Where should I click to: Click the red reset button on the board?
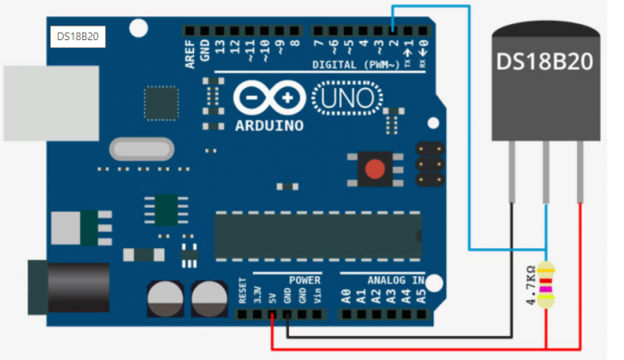click(375, 169)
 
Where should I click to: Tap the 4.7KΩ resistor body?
click(545, 285)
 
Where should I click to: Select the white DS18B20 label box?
click(78, 37)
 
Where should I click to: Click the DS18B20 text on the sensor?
click(545, 62)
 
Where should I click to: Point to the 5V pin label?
click(272, 298)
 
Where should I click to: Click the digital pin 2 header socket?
click(393, 30)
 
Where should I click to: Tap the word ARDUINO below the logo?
click(269, 126)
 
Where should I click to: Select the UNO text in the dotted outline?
click(347, 98)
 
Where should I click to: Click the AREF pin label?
click(190, 54)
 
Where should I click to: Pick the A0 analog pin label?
click(346, 296)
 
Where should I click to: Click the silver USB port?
click(51, 103)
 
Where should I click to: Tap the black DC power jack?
click(68, 287)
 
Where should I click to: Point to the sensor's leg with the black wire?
click(512, 172)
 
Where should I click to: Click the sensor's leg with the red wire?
click(580, 172)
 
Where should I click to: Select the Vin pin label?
click(317, 296)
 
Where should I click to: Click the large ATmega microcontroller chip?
click(318, 237)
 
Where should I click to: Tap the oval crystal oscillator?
click(142, 150)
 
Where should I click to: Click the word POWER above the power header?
click(305, 280)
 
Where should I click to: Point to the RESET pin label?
click(243, 291)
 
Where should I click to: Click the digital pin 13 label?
click(220, 47)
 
